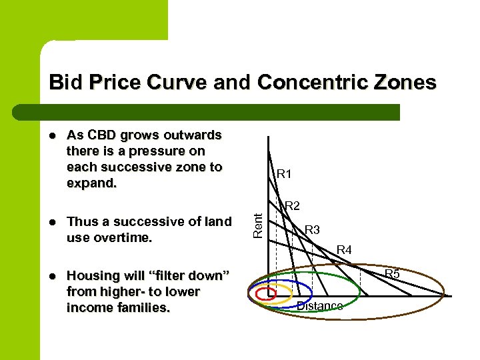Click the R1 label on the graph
pyautogui.click(x=285, y=175)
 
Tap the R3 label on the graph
pyautogui.click(x=312, y=230)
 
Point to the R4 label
pyautogui.click(x=344, y=251)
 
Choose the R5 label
pyautogui.click(x=392, y=274)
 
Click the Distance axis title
pyautogui.click(x=319, y=306)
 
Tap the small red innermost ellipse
pyautogui.click(x=266, y=293)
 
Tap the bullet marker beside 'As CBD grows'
pyautogui.click(x=52, y=136)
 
